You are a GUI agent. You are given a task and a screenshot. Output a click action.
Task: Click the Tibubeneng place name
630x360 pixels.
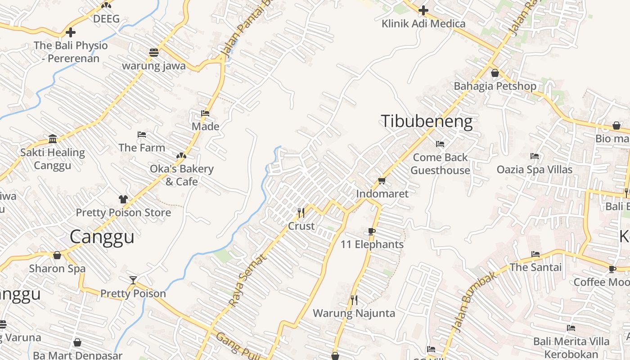pos(427,121)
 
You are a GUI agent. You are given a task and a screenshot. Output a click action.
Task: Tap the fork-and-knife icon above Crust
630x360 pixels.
pos(301,212)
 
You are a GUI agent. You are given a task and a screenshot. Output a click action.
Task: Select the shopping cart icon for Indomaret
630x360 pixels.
pos(382,180)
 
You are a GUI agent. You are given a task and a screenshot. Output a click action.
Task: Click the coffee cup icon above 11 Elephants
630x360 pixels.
pos(372,232)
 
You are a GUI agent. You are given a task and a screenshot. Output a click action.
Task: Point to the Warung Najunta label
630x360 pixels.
pos(354,313)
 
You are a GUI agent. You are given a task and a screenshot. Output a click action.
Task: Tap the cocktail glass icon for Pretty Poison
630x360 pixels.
pos(133,280)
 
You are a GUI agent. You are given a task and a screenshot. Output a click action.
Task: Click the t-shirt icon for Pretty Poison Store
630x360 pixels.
pos(123,199)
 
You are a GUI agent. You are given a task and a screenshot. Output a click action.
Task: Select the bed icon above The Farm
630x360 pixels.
pos(142,135)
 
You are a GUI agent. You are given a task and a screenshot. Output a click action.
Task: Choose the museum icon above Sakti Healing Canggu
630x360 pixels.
pos(53,139)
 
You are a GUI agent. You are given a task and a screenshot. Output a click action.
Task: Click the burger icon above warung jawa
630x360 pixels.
pos(154,52)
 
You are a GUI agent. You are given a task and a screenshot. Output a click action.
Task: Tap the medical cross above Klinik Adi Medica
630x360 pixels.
pos(423,10)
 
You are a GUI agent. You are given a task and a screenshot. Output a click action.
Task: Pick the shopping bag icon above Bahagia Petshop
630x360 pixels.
pos(495,72)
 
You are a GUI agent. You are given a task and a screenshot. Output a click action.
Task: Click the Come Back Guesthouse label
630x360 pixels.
pos(440,164)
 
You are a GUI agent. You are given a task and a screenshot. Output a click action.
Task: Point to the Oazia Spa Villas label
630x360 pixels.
pos(535,170)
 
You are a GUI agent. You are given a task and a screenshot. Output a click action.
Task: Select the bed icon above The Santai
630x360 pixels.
pos(535,254)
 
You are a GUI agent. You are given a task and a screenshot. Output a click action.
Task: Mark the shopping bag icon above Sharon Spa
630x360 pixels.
pos(57,256)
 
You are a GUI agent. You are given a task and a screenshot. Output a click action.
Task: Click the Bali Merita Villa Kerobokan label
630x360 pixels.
pos(571,347)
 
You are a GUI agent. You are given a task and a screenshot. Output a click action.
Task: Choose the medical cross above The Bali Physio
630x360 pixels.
pos(71,32)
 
